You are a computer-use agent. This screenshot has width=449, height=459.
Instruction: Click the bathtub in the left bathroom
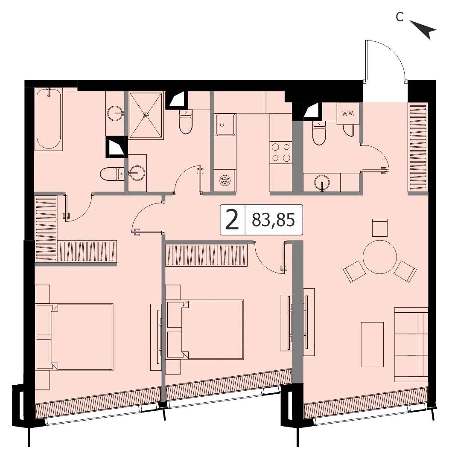[x=49, y=119]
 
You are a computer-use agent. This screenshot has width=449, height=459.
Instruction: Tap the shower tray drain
[x=146, y=115]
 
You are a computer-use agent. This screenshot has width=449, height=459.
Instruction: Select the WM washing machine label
[x=348, y=113]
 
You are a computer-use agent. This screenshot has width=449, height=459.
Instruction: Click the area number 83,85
[x=273, y=220]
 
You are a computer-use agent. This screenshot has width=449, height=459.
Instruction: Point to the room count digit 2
[x=232, y=220]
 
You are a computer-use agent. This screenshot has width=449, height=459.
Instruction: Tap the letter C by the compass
[x=399, y=17]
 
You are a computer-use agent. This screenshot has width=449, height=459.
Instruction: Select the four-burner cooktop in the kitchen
[x=281, y=152]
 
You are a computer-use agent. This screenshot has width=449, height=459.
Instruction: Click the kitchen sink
[x=225, y=125]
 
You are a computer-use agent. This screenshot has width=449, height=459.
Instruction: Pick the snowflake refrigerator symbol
[x=225, y=180]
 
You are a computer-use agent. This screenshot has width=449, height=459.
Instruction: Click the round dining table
[x=379, y=257]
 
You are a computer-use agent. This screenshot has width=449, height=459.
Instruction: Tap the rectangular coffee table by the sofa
[x=372, y=345]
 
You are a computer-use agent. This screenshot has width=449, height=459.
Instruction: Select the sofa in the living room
[x=411, y=345]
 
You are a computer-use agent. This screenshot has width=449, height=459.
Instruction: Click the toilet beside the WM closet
[x=319, y=133]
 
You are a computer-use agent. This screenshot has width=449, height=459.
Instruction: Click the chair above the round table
[x=379, y=227]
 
